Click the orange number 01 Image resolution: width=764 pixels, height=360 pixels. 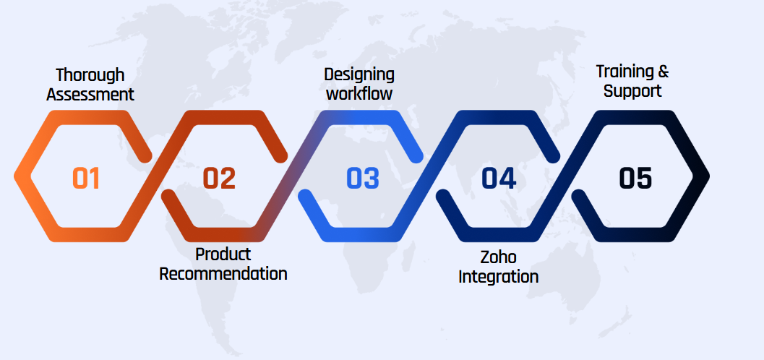(x=86, y=179)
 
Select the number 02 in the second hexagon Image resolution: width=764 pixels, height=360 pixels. (x=219, y=179)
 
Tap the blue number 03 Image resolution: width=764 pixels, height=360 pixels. (x=363, y=179)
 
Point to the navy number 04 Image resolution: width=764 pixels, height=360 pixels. (x=499, y=179)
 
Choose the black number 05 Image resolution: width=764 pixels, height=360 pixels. (x=635, y=179)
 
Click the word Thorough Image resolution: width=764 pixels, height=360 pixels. (x=90, y=75)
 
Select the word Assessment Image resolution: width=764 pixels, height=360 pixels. (x=90, y=95)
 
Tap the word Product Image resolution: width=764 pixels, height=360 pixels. (x=223, y=254)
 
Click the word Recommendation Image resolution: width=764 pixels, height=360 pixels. (x=223, y=273)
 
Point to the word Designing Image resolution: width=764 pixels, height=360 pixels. (x=359, y=75)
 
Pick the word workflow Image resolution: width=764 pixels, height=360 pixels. (x=359, y=93)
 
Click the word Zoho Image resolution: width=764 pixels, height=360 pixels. (x=499, y=257)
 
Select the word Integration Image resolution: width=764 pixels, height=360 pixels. (x=499, y=277)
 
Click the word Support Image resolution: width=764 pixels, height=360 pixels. (x=632, y=90)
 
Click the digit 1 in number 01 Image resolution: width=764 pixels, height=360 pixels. (x=94, y=179)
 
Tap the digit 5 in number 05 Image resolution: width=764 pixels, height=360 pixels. (x=644, y=179)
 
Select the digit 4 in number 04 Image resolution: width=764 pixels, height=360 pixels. (x=507, y=179)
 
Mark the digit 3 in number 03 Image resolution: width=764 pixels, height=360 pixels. (x=372, y=179)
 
